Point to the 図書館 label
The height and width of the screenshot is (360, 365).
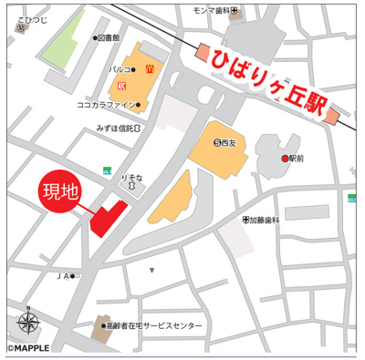pos(109,38)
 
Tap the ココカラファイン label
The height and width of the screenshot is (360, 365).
pos(108,106)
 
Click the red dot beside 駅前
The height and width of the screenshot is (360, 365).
pos(285,158)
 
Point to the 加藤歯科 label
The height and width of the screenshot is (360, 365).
pos(267,220)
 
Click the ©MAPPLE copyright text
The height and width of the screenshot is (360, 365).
pos(34,349)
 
